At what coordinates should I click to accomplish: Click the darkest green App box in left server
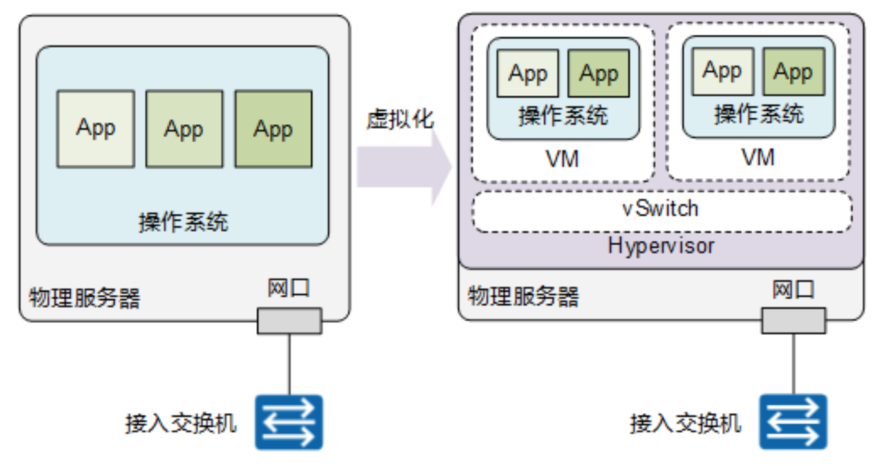pos(273,129)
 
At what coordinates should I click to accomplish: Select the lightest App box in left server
pos(95,129)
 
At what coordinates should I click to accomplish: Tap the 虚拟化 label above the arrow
pos(400,119)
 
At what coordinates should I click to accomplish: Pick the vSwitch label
pos(661,209)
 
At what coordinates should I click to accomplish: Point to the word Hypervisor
pos(661,245)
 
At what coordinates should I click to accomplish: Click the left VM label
pos(562,158)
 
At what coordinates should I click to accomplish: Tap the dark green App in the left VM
pos(598,73)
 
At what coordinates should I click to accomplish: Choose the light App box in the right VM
pos(721,71)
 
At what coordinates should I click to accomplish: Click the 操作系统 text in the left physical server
pos(183,223)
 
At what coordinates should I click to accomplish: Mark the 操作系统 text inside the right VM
pos(758,115)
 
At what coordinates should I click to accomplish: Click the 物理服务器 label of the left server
pos(84,298)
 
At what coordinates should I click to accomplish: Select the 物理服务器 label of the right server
pos(523,296)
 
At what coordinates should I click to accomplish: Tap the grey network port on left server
pos(289,321)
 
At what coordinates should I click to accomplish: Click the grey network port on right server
pos(793,320)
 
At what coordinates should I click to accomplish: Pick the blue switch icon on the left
pos(289,422)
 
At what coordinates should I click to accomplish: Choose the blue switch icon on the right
pos(793,422)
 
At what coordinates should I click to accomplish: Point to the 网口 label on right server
pos(793,290)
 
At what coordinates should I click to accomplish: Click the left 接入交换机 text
pos(181,424)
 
